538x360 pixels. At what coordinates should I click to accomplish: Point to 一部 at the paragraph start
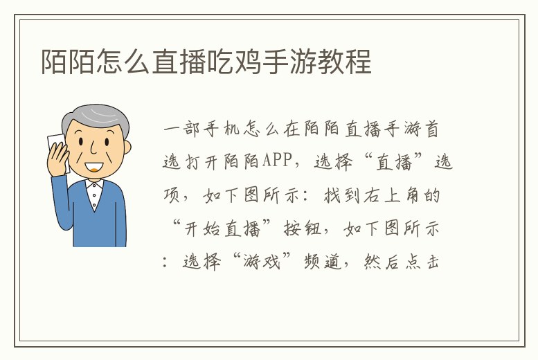pyautogui.click(x=182, y=129)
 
